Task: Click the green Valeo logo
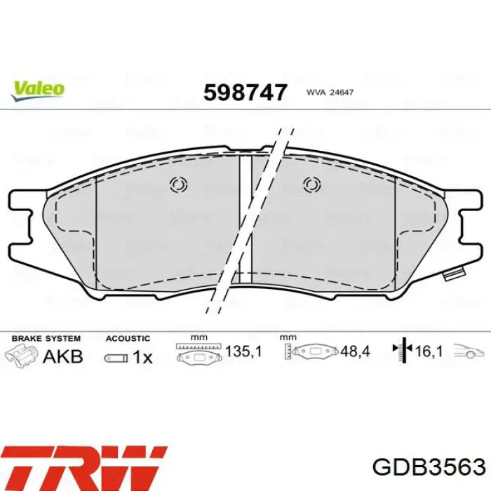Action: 38,90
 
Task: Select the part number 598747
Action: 245,93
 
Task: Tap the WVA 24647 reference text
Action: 330,93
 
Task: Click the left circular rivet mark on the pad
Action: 178,184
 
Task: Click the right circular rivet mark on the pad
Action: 312,184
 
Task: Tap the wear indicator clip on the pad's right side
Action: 454,274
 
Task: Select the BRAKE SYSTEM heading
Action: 46,339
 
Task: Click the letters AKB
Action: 63,356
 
